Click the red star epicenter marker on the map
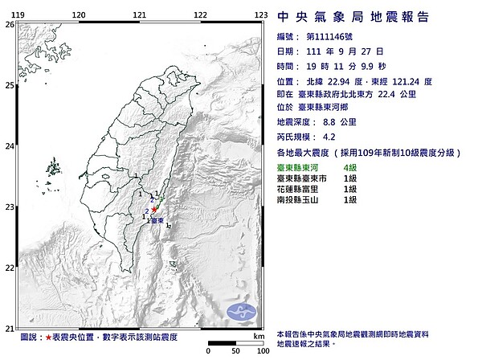153,209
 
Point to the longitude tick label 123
261,15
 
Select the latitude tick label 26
9,25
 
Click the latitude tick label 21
9,328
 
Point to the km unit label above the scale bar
258,335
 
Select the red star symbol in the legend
49,338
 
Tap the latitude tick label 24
9,146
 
